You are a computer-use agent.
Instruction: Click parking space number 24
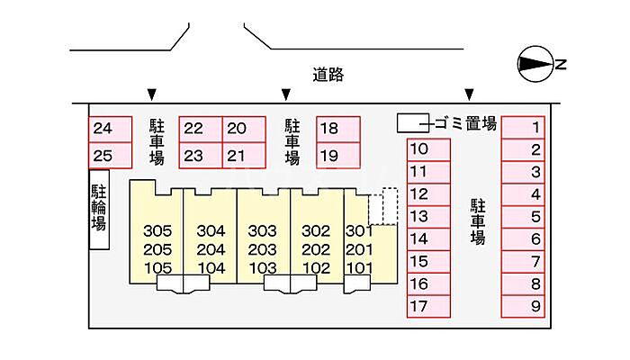(103, 129)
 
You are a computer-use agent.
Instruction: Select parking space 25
(103, 155)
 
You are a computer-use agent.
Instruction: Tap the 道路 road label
(328, 75)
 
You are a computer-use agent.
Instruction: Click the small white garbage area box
(413, 122)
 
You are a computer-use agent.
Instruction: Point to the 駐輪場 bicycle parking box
(98, 210)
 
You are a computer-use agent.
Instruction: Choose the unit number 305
(157, 230)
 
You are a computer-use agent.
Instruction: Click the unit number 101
(359, 267)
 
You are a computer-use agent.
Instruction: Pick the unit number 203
(262, 249)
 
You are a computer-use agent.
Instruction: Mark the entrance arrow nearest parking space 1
(469, 94)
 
